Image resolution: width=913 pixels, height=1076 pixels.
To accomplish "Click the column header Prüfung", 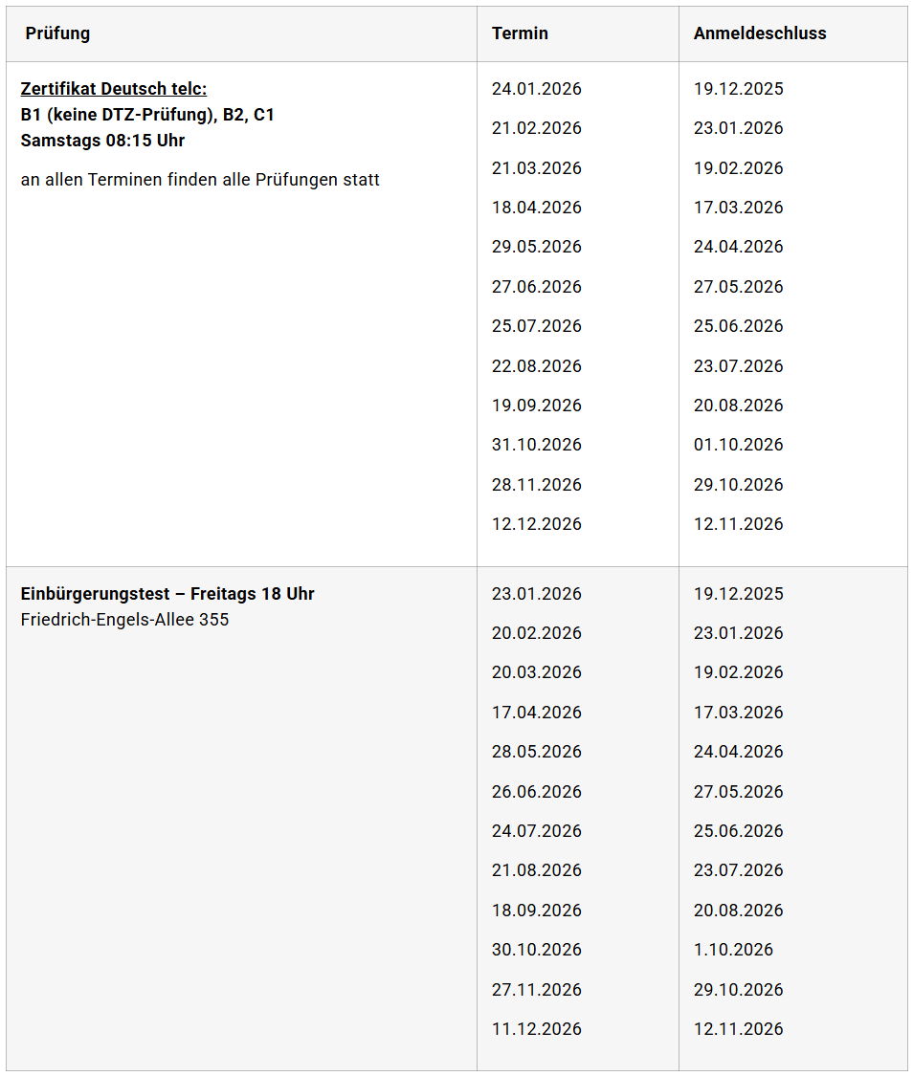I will click(x=57, y=33).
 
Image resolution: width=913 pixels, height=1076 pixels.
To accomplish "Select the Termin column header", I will click(x=520, y=33).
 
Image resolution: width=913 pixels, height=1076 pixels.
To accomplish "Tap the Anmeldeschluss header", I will click(x=760, y=33).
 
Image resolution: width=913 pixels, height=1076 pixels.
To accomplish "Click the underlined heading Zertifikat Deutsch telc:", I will click(x=113, y=89).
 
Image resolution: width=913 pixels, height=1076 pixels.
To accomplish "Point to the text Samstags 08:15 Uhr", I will click(x=102, y=141).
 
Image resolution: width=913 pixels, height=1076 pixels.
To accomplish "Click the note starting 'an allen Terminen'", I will click(x=200, y=180).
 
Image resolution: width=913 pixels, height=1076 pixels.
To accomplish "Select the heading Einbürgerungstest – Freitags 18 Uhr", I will click(x=167, y=594).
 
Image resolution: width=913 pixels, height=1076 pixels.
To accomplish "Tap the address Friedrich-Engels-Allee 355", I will click(x=124, y=620).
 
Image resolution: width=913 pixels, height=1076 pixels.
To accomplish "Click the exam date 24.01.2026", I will click(x=537, y=89).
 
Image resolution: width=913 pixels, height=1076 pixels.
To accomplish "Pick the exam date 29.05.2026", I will click(x=537, y=247).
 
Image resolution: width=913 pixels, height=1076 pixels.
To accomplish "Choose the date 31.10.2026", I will click(x=537, y=445).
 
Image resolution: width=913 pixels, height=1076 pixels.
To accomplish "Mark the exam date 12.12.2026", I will click(x=537, y=524).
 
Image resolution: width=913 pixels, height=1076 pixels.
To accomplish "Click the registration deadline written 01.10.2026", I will click(x=738, y=445).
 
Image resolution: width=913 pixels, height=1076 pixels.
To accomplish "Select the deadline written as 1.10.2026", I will click(x=733, y=950).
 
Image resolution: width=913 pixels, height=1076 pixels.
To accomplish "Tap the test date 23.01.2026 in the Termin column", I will click(x=537, y=594).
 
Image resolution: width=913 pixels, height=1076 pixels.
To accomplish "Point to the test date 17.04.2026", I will click(x=537, y=713).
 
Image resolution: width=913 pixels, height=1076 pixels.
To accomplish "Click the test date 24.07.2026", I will click(x=537, y=831).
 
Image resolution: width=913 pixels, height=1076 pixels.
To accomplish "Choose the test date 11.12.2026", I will click(x=537, y=1029).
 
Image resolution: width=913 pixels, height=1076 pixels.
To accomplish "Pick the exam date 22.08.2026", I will click(x=537, y=366).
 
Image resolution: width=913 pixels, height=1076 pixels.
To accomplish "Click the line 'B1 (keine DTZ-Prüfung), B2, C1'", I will click(x=147, y=115).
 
